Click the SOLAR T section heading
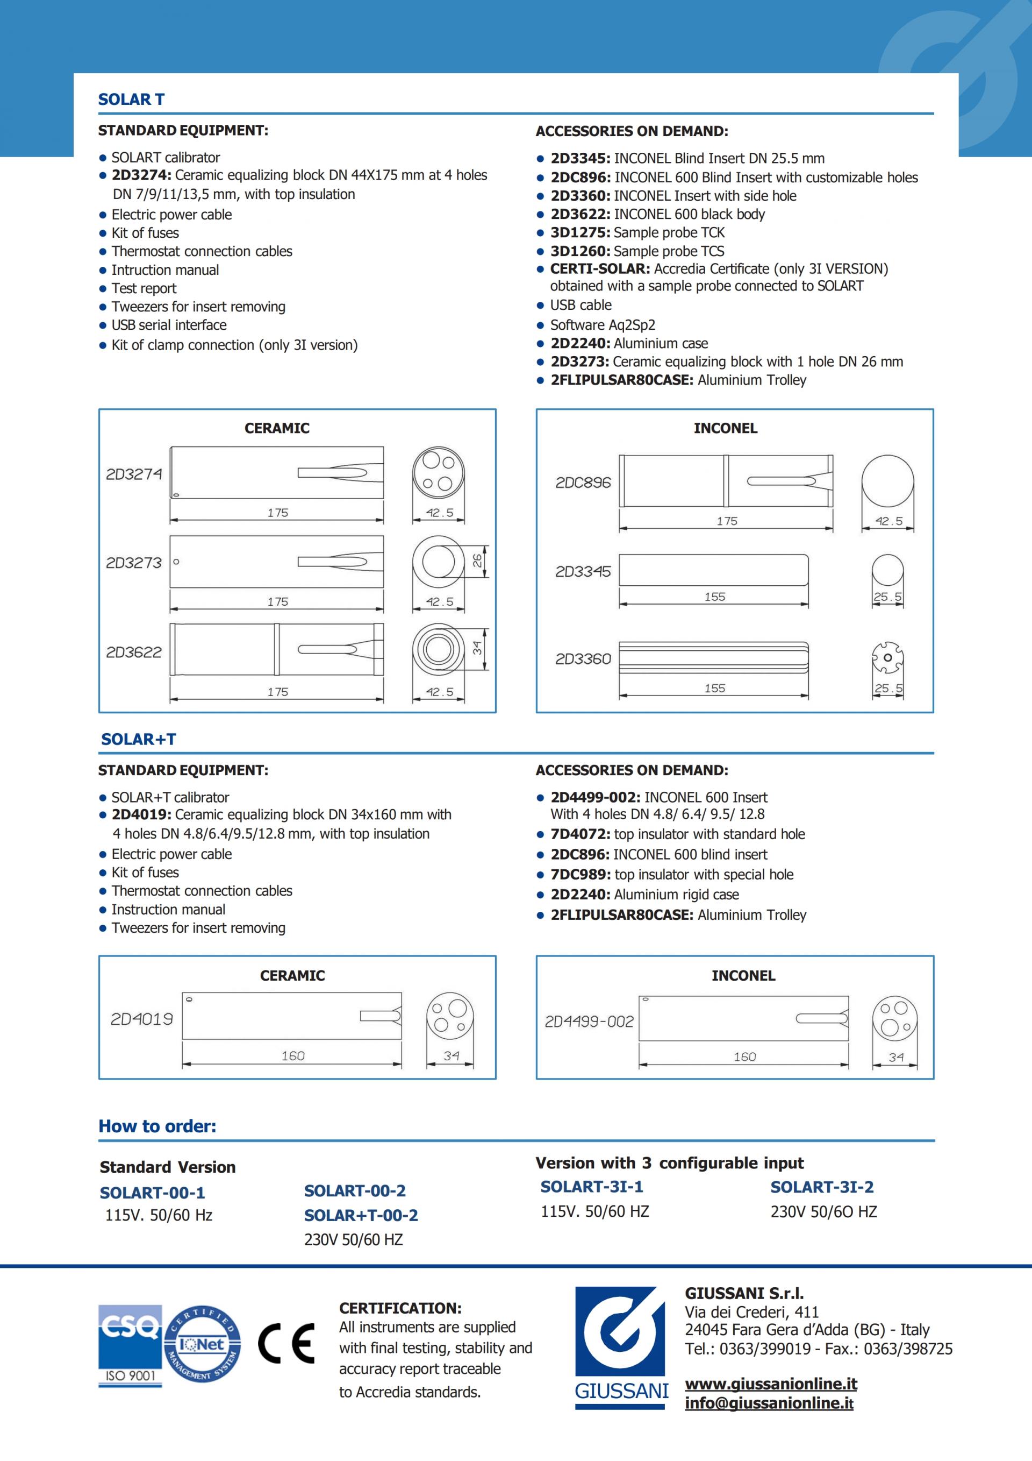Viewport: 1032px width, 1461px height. coord(131,100)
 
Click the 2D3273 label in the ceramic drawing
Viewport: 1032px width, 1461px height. coord(133,563)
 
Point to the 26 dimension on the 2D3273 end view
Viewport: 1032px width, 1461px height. coord(477,561)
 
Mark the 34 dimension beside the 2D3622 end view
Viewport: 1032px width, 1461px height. coord(477,648)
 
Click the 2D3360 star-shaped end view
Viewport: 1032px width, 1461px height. coord(887,657)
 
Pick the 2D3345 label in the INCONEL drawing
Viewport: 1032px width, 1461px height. coord(583,571)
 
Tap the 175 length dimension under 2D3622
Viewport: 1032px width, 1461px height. coord(277,692)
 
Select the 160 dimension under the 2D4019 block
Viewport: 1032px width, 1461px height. coord(293,1055)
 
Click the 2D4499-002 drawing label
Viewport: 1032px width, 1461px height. coord(589,1022)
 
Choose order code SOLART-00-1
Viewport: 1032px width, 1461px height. coord(152,1193)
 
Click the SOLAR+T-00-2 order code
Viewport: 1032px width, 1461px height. coord(361,1215)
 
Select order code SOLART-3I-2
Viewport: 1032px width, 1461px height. coord(821,1187)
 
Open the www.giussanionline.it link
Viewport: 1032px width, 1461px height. coord(771,1384)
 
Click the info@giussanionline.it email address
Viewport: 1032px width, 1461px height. coord(769,1403)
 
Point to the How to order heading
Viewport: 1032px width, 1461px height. coord(157,1126)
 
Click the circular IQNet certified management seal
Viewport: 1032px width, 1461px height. coord(202,1343)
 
